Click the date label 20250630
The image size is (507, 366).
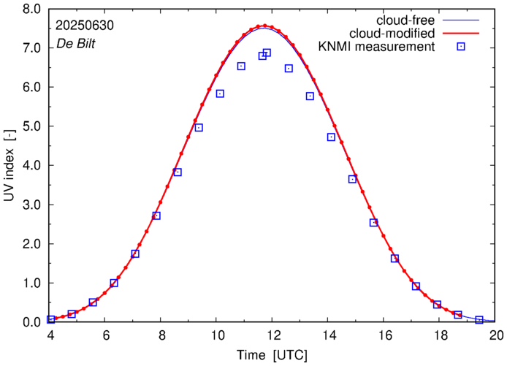(x=85, y=24)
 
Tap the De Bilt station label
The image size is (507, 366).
(x=76, y=43)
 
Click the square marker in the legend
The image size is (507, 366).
(x=460, y=47)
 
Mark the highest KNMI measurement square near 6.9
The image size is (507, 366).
(x=267, y=53)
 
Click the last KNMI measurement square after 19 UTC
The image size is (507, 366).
(x=479, y=320)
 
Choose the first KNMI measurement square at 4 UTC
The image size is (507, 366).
(x=51, y=319)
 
